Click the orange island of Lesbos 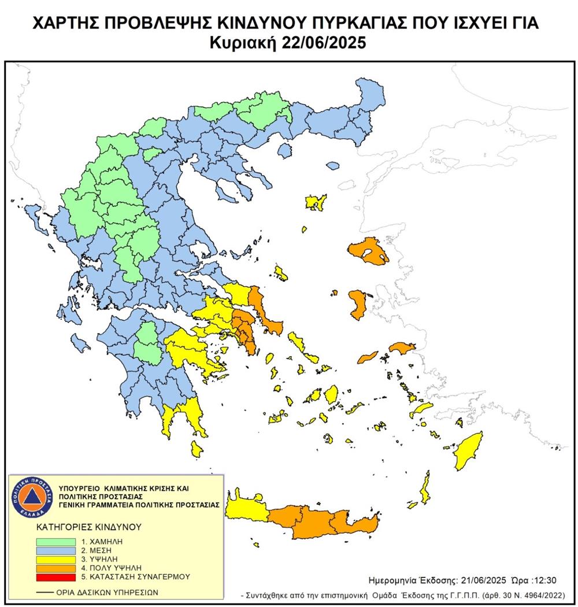[x=368, y=252]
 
